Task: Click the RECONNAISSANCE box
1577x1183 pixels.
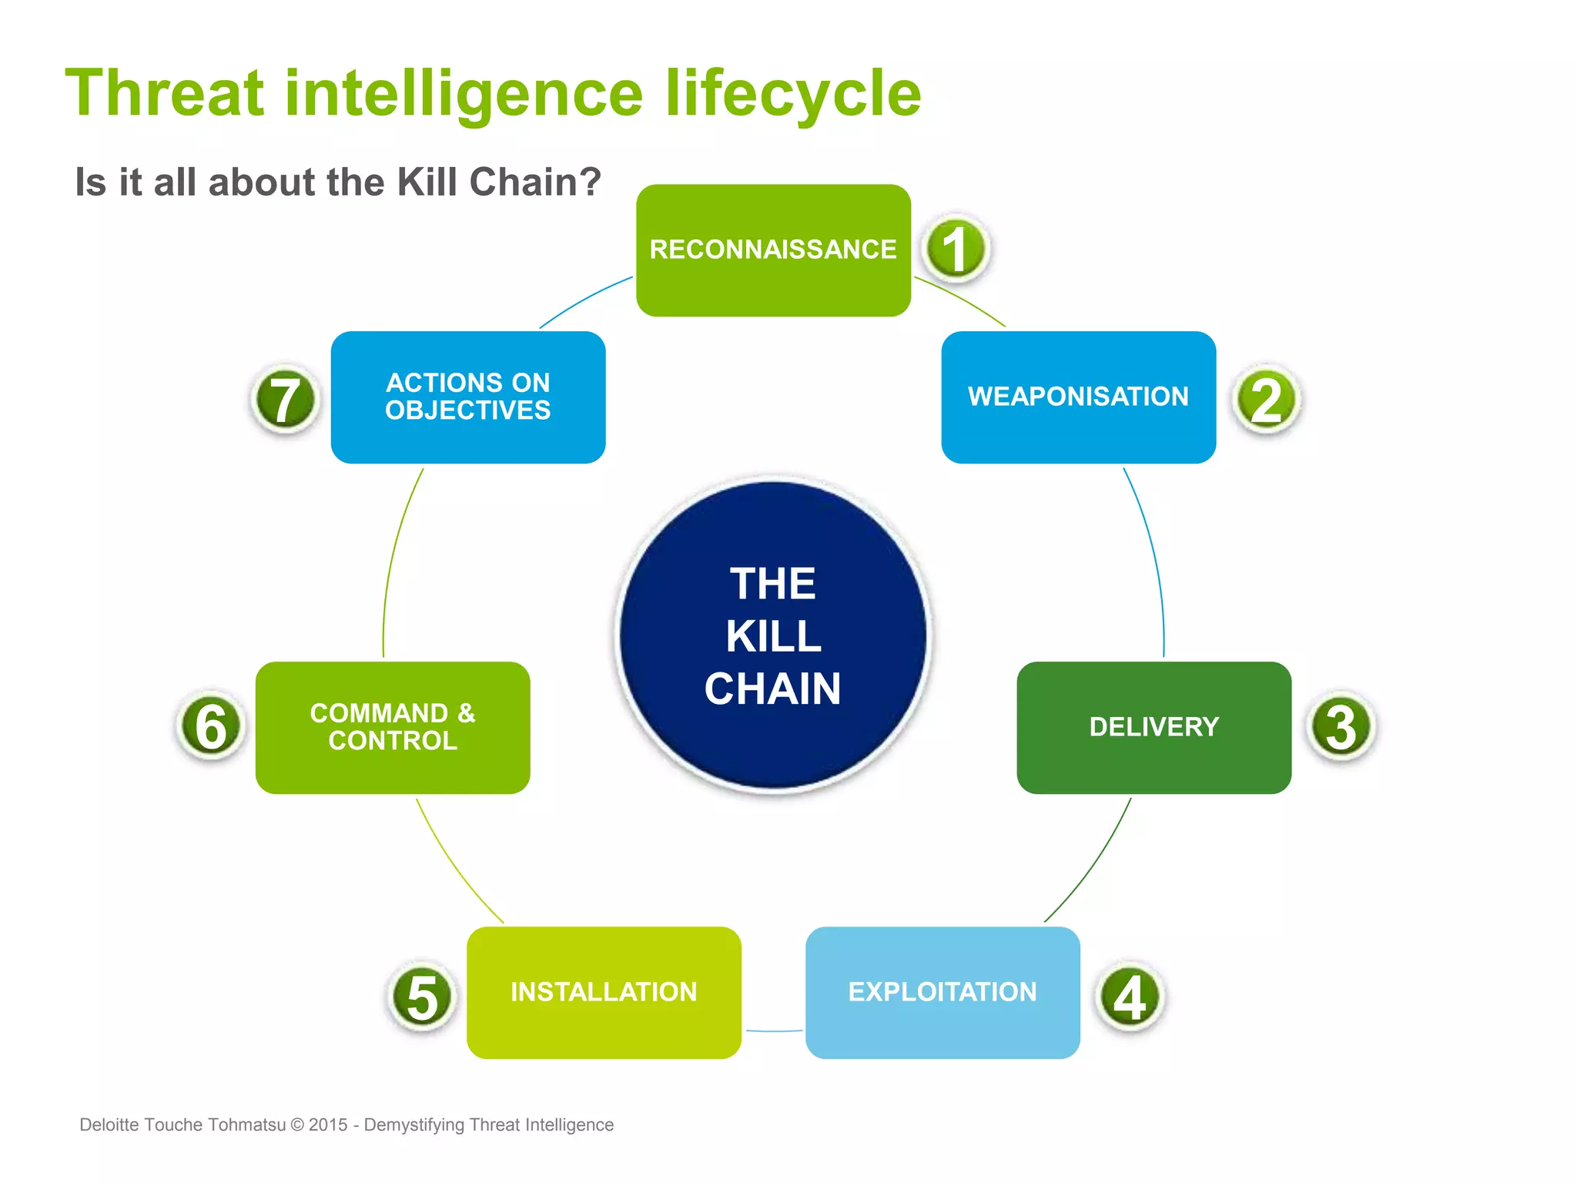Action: (x=773, y=250)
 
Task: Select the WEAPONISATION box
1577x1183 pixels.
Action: (x=1078, y=397)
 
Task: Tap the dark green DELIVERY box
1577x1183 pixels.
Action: (x=1153, y=727)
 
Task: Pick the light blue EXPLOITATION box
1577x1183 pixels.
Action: (x=943, y=992)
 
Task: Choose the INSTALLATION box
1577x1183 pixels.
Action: (x=604, y=992)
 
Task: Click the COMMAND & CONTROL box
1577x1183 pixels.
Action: (x=393, y=727)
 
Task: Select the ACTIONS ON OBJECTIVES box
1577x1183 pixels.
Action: (x=468, y=397)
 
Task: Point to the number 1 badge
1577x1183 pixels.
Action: (x=956, y=249)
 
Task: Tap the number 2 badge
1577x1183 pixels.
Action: (x=1267, y=399)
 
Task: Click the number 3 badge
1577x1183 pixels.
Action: (x=1341, y=726)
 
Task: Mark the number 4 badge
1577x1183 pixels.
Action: (x=1130, y=997)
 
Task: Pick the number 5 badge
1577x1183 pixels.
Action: (x=422, y=997)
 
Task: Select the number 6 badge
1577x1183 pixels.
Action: (x=211, y=726)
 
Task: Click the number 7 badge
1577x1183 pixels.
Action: (x=286, y=399)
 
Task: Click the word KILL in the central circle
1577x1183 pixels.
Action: (x=773, y=636)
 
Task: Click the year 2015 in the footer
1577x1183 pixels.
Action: (x=328, y=1124)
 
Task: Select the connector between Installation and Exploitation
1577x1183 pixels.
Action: (x=774, y=1031)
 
